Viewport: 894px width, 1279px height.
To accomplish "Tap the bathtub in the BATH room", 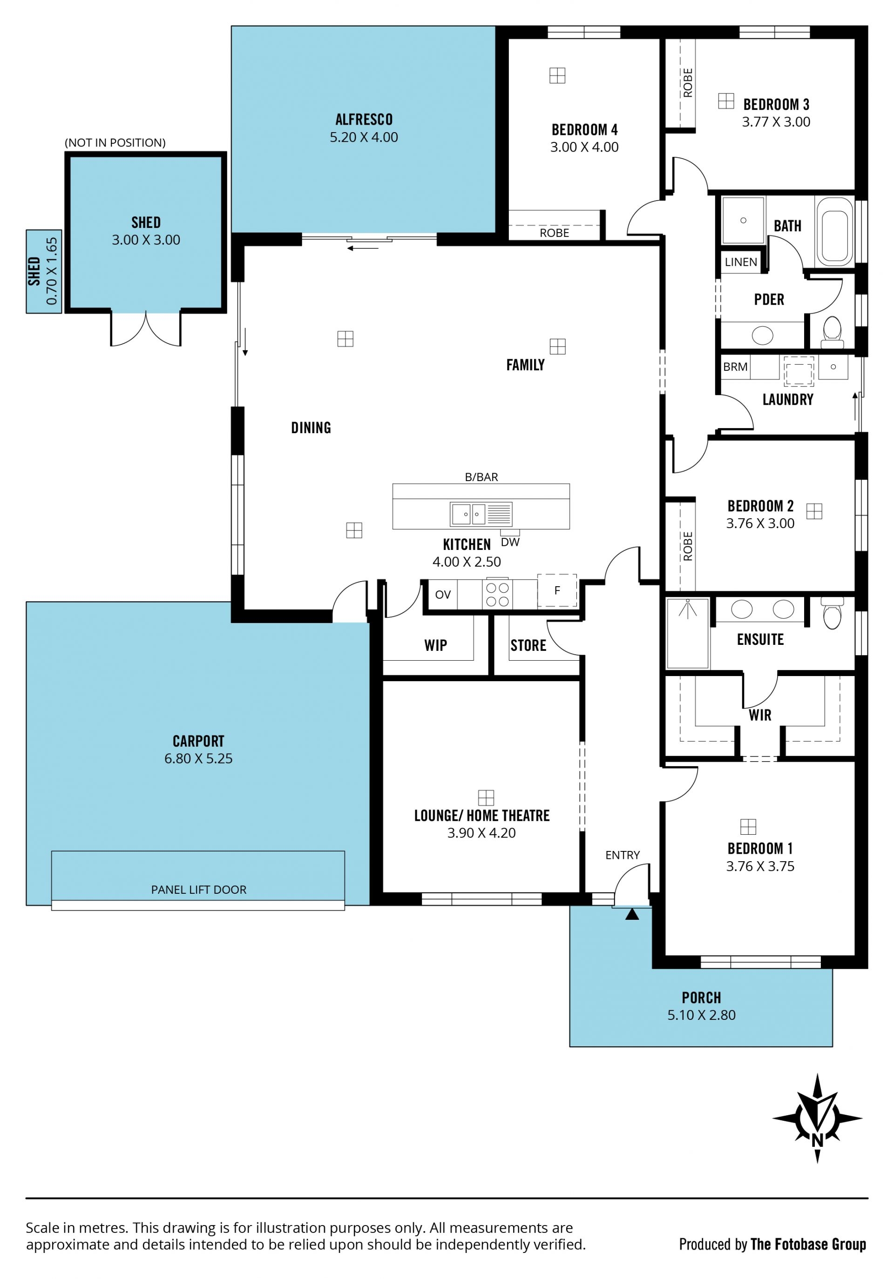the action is [x=834, y=231].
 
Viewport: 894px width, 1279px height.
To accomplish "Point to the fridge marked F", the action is [x=557, y=590].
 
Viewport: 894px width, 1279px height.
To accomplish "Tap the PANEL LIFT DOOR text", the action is [x=198, y=890].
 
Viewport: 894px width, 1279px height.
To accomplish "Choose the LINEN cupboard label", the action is [x=741, y=262].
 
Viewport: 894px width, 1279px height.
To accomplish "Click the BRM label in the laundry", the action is [x=735, y=367].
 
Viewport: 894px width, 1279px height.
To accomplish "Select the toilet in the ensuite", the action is [x=832, y=613].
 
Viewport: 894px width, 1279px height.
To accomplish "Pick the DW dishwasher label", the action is [x=510, y=542].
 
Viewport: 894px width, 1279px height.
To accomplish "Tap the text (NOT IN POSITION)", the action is [x=115, y=143].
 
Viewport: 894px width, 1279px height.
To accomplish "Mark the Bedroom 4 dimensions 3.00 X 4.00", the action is [x=584, y=147].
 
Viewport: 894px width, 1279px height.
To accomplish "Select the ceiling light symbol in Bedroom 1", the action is [x=748, y=827].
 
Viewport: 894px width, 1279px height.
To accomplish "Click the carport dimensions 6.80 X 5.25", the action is [x=198, y=758].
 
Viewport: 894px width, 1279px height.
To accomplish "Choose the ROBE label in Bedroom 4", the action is [x=554, y=233].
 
